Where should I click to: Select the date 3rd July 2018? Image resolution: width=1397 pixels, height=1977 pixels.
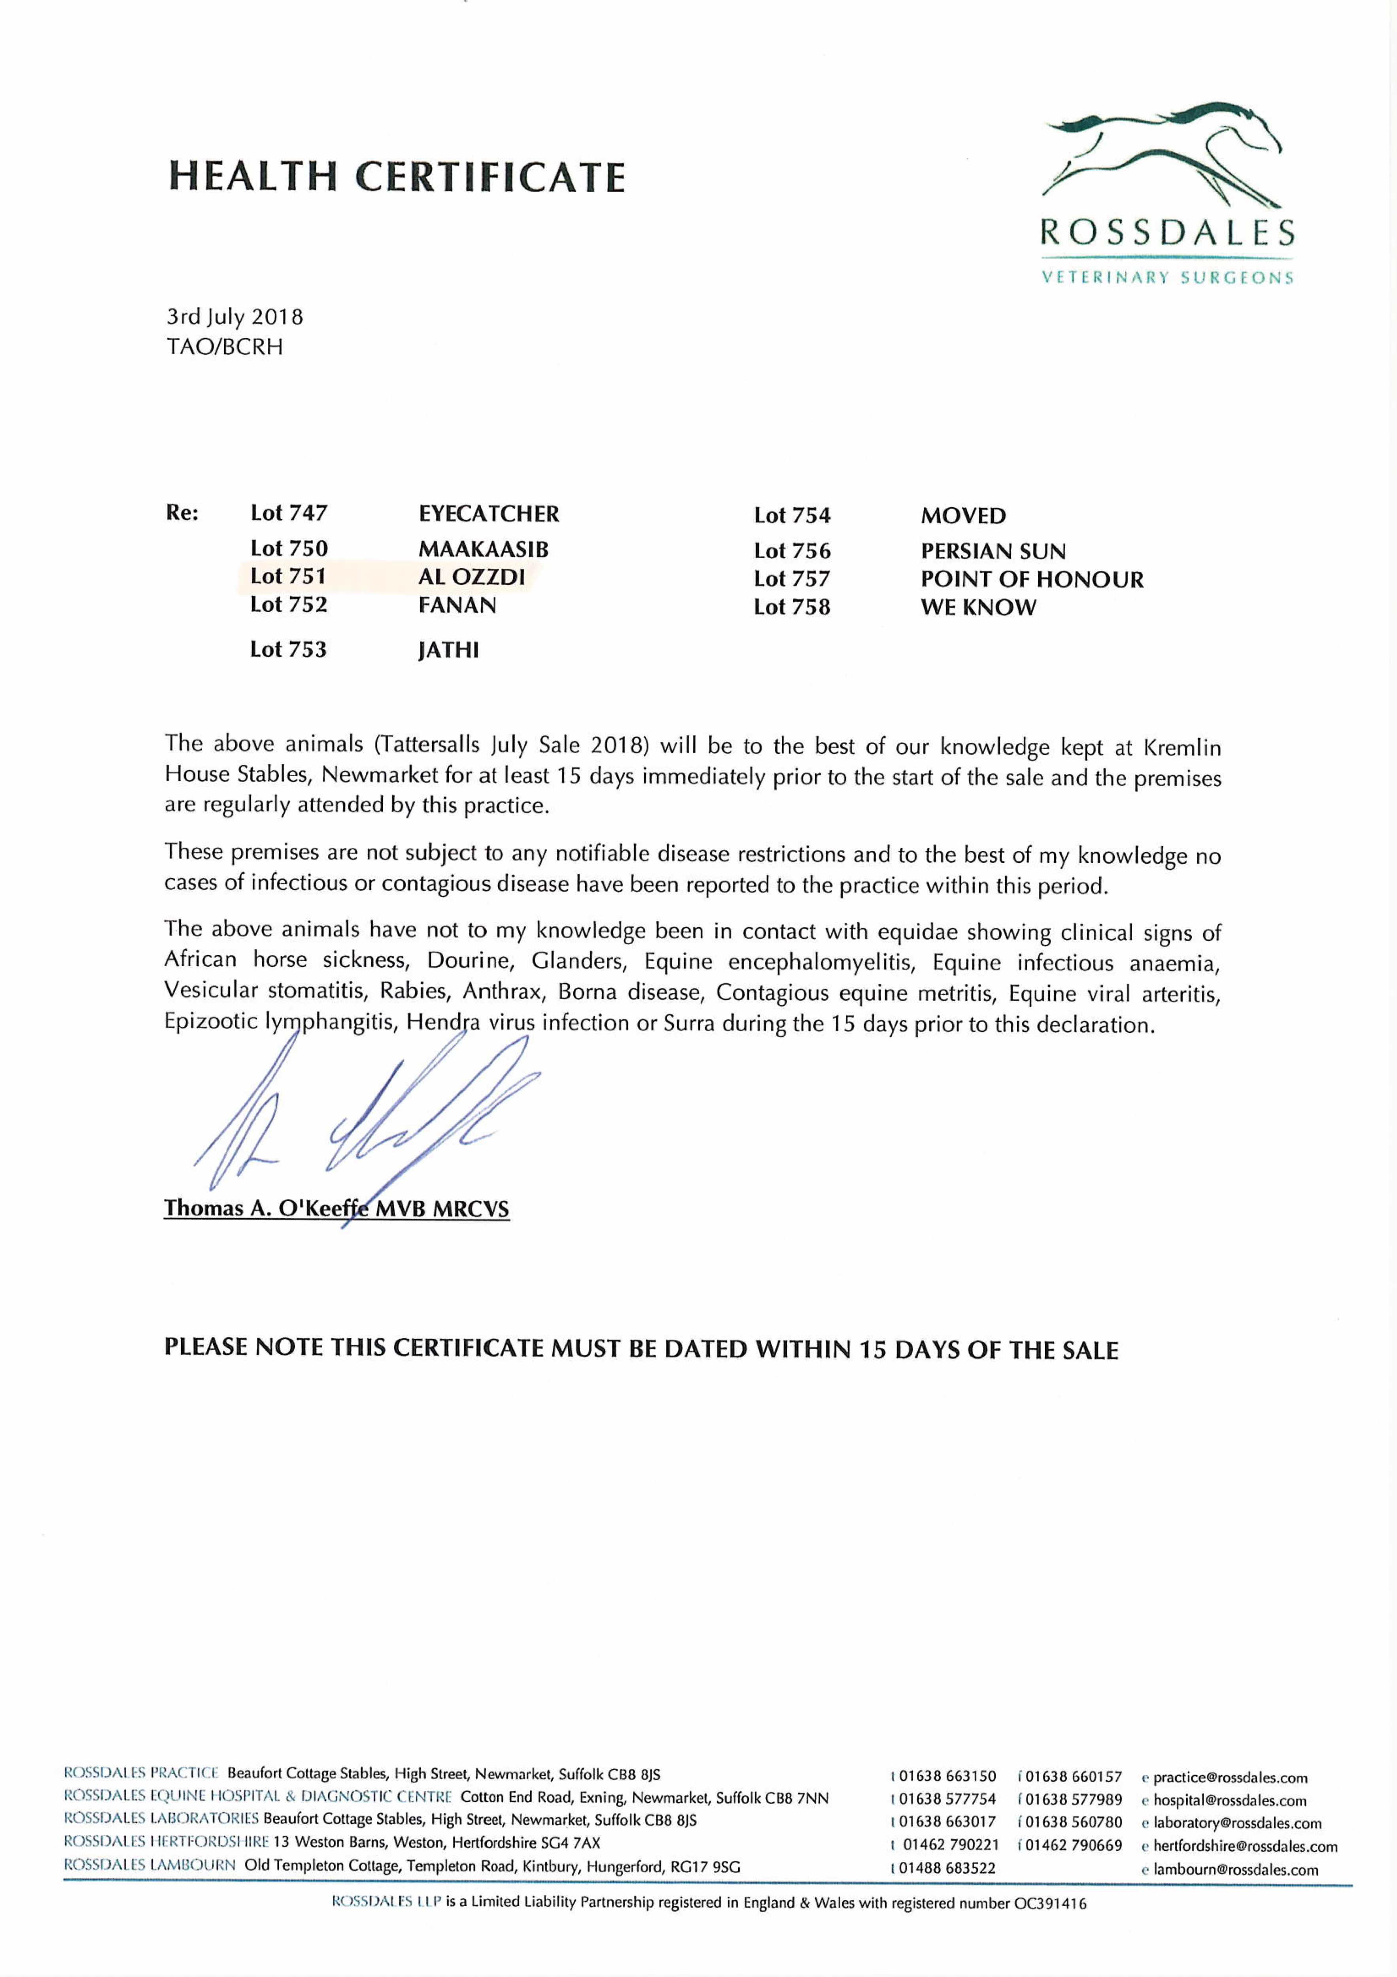(234, 317)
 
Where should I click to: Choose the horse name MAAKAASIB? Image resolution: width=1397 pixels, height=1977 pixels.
(483, 549)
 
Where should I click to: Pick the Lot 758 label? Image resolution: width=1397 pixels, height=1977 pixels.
(792, 607)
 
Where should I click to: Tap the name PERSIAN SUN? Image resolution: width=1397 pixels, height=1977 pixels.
(993, 551)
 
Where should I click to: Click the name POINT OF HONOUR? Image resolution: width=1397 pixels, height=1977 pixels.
(1032, 580)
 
